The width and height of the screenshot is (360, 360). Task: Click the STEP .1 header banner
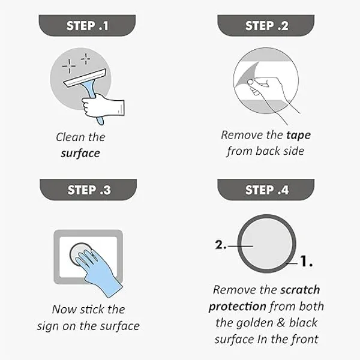[x=87, y=25]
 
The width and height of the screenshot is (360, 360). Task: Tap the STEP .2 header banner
[x=266, y=25]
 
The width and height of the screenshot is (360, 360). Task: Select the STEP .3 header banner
[x=88, y=190]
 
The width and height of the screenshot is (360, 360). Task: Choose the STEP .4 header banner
[x=266, y=190]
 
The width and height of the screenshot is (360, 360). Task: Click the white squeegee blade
[x=85, y=78]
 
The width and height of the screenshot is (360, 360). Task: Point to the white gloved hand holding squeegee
[x=103, y=105]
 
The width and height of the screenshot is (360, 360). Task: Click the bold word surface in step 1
[x=80, y=154]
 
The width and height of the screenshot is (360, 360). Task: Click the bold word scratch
[x=300, y=290]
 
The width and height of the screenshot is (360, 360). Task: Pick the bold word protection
[x=238, y=307]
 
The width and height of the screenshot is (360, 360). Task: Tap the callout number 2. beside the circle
[x=221, y=245]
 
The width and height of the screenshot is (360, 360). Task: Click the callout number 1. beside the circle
[x=307, y=261]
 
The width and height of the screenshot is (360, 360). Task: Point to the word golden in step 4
[x=255, y=323]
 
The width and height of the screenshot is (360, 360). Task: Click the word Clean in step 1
[x=70, y=137]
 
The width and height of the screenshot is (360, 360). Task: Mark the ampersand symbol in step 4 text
[x=281, y=323]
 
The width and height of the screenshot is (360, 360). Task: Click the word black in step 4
[x=303, y=323]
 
